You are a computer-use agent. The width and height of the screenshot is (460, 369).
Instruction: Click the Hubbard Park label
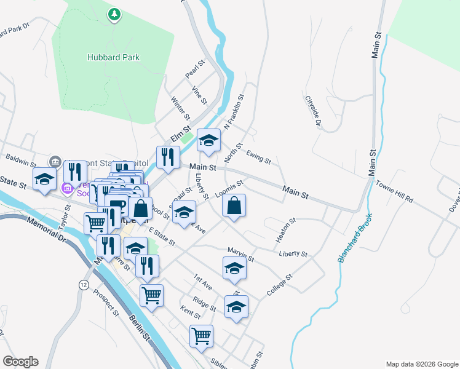113,58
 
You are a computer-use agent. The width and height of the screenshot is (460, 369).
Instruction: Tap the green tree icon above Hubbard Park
113,14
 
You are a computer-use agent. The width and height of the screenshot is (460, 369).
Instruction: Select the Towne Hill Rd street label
394,192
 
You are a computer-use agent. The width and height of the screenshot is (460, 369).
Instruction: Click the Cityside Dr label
313,111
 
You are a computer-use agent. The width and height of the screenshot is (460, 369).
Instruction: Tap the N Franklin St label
234,111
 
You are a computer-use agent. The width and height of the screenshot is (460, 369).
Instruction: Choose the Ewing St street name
258,157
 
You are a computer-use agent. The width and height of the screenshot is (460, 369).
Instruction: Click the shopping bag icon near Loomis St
234,207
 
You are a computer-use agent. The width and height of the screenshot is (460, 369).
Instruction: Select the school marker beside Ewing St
208,142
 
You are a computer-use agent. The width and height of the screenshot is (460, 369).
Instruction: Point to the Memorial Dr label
44,229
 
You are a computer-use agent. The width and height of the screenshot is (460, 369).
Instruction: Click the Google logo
20,362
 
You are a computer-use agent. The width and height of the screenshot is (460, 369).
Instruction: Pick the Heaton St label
286,228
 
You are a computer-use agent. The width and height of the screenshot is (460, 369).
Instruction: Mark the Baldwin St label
22,162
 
